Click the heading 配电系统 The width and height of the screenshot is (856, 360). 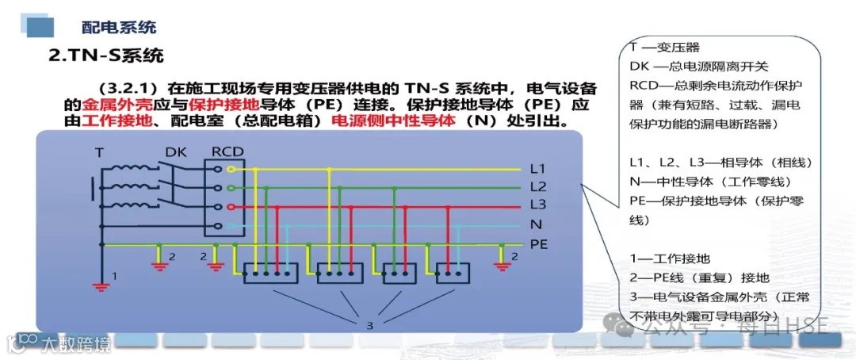point(119,27)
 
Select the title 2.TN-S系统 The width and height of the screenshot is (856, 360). point(106,56)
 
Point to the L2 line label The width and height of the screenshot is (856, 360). point(538,187)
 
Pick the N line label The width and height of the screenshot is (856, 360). point(535,225)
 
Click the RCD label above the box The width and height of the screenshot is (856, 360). point(227,151)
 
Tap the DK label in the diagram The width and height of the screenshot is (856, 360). point(176,151)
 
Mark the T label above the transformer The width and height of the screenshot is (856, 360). point(99,151)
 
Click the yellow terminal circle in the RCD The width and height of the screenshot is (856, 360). point(231,169)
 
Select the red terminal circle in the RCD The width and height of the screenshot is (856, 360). point(231,206)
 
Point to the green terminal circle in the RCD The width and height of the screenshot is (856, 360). point(231,188)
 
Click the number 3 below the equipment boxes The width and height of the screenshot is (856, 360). point(369,325)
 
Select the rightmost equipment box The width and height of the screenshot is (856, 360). point(453,275)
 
